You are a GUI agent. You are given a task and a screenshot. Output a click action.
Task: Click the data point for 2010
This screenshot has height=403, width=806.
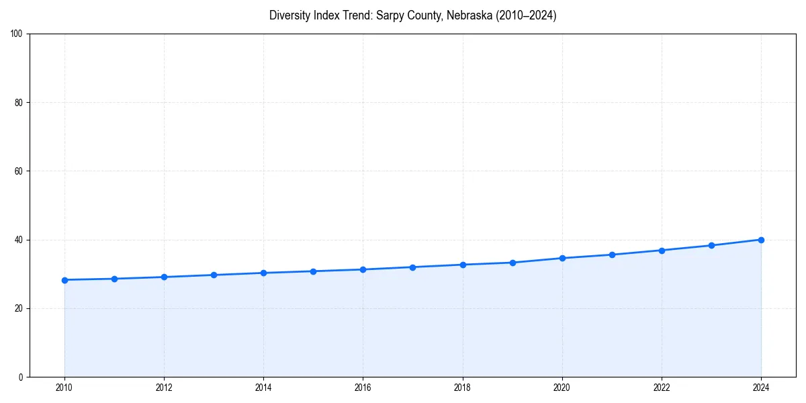[x=64, y=280]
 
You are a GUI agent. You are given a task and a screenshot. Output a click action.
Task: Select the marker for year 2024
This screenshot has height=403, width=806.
[x=761, y=240]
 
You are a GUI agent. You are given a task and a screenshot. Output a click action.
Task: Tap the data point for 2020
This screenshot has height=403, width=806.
[x=562, y=258]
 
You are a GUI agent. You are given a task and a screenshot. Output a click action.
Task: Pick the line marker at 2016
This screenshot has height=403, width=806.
[x=363, y=269]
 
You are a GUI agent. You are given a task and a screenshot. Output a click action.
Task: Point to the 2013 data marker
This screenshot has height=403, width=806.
[x=214, y=275]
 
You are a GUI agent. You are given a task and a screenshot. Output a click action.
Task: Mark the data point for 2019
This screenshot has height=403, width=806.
[x=512, y=263]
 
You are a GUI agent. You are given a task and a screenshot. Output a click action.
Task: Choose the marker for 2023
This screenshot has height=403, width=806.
[x=711, y=245]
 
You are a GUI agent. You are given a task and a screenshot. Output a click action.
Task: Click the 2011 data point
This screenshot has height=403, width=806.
[x=114, y=279]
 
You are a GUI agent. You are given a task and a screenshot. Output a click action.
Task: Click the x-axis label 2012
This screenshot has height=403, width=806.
[x=164, y=388]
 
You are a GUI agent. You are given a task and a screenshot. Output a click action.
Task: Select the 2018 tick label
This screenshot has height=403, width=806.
[x=462, y=388]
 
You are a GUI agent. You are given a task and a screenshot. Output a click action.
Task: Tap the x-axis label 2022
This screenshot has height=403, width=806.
[x=662, y=388]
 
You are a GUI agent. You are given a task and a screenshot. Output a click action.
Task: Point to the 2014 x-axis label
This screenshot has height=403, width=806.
[x=263, y=388]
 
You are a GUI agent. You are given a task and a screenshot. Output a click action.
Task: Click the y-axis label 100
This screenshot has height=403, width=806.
[x=17, y=34]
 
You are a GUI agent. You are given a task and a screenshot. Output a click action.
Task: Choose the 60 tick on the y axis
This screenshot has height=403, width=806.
[x=19, y=171]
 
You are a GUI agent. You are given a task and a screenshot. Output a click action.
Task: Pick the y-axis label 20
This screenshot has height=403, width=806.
[x=19, y=308]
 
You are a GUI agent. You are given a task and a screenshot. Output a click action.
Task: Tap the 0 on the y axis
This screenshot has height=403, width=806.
[x=21, y=377]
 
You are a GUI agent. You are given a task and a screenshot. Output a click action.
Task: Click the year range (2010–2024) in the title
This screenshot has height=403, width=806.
[x=523, y=15]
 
